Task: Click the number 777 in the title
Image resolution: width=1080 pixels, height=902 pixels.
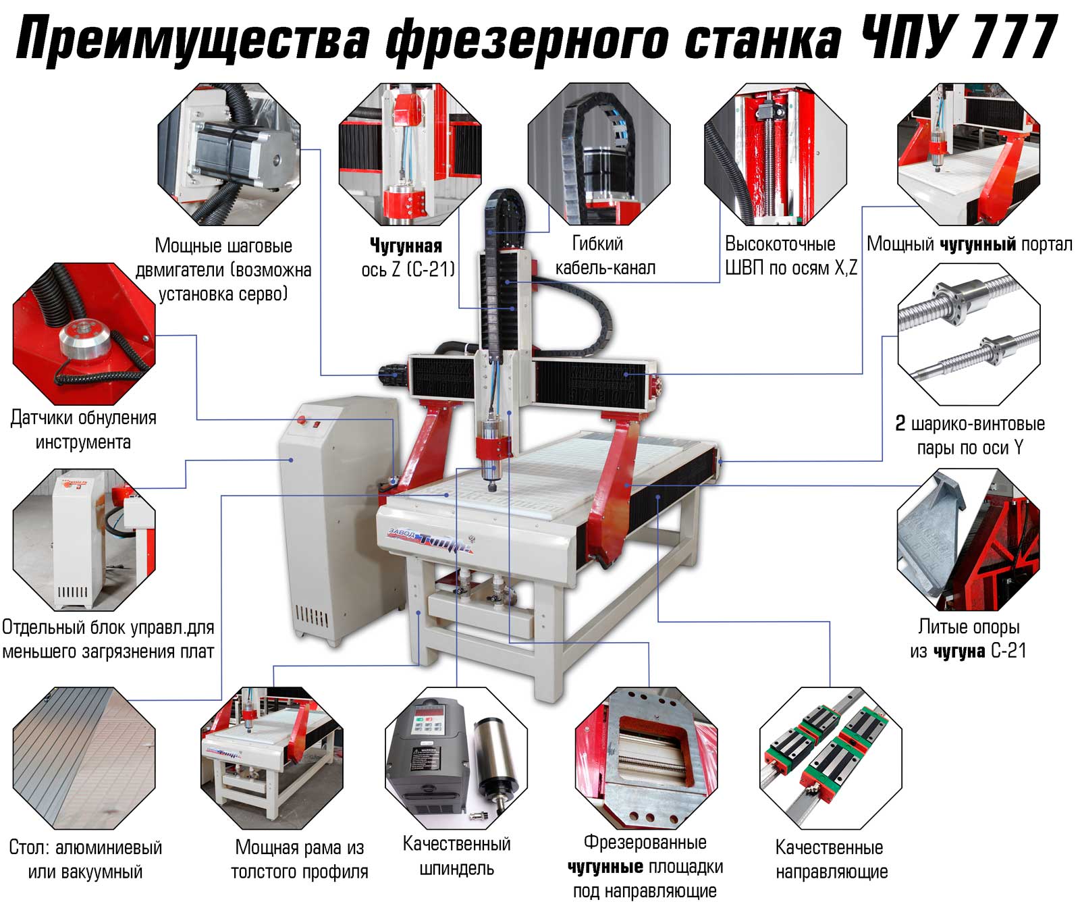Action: coord(1013,38)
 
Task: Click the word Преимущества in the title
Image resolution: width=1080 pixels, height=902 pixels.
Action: coord(194,41)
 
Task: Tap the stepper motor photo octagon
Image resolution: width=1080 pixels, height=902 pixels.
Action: coord(229,154)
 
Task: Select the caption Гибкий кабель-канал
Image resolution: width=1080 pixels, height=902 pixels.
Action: coord(605,255)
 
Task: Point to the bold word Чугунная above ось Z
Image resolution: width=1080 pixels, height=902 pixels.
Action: coord(406,245)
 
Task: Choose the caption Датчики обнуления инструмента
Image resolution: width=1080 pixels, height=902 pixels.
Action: coord(83,429)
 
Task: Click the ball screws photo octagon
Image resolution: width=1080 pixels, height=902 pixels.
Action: coord(969,334)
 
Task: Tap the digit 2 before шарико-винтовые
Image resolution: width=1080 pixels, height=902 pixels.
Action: coord(900,423)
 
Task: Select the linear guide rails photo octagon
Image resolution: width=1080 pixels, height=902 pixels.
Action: coord(830,758)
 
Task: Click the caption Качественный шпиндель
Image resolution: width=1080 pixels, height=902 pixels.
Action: coord(457,855)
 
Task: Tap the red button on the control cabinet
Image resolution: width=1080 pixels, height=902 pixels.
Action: coord(302,421)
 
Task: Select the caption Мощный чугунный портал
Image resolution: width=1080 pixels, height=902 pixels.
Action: coord(969,244)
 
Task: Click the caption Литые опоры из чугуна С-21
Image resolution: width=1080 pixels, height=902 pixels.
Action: coord(968,639)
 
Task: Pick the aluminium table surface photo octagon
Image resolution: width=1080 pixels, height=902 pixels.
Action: coord(84,758)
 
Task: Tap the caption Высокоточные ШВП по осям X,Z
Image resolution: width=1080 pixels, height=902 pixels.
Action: coord(791,255)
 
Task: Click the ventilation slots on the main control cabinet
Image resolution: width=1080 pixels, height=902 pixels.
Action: coord(312,616)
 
